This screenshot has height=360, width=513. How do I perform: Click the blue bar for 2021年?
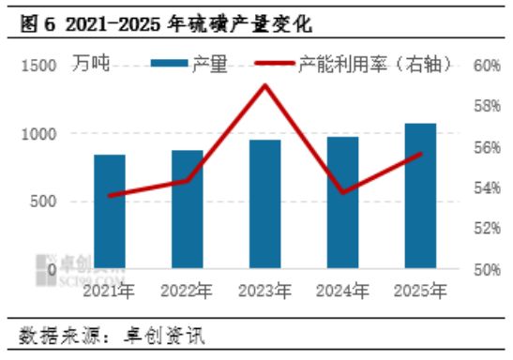[x=110, y=212]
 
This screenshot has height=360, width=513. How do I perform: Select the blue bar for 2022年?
[x=188, y=210]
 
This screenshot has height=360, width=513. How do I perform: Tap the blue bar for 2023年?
[x=264, y=204]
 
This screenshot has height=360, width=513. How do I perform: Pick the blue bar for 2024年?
[x=342, y=203]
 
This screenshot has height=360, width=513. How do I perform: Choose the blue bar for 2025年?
[x=419, y=197]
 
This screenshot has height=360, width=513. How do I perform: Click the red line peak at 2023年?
[x=264, y=85]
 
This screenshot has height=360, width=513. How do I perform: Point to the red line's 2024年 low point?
[x=342, y=192]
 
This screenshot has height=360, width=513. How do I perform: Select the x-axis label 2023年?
[x=264, y=292]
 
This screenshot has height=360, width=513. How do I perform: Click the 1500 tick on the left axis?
[x=39, y=66]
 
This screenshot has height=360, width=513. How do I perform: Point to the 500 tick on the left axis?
[x=44, y=202]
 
